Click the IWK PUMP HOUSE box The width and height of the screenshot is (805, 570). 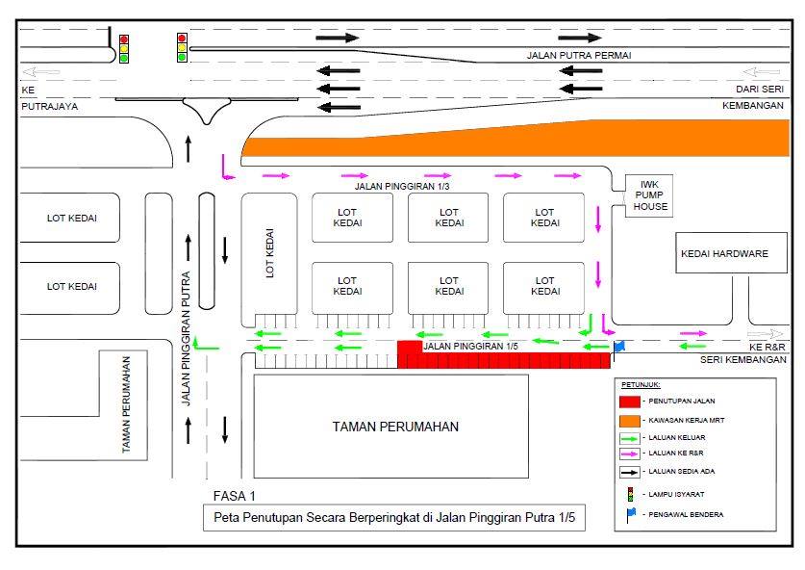click(x=649, y=195)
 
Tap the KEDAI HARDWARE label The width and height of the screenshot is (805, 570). click(x=724, y=254)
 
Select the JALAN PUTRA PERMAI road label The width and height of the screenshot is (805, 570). click(x=579, y=56)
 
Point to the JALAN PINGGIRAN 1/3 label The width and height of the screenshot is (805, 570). click(x=401, y=187)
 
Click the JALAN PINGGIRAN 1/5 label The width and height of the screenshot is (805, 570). click(x=470, y=347)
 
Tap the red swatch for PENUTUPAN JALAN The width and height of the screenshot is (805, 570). click(x=629, y=402)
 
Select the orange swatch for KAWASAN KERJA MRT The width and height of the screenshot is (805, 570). click(x=629, y=421)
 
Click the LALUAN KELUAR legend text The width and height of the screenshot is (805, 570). click(x=677, y=438)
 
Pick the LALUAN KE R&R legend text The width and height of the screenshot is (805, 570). click(x=675, y=453)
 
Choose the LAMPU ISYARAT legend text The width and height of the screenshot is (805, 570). click(x=676, y=495)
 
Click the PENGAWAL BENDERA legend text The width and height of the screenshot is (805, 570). click(x=686, y=514)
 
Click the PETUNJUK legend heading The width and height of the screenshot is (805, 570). click(x=641, y=385)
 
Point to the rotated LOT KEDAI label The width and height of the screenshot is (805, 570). click(x=269, y=253)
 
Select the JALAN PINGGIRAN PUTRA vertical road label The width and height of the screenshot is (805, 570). click(x=186, y=339)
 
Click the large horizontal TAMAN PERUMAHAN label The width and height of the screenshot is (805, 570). click(x=395, y=427)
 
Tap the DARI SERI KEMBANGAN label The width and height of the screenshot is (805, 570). click(x=753, y=97)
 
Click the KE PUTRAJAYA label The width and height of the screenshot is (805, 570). click(x=50, y=98)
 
